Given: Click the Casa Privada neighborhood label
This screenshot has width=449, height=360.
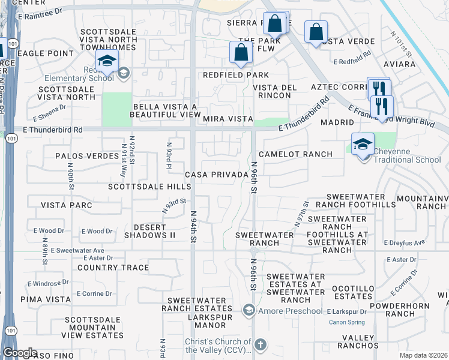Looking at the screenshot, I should click(216, 175).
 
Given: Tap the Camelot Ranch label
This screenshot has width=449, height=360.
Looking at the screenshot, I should click(295, 154).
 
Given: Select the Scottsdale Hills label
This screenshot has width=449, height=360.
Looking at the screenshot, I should click(149, 187).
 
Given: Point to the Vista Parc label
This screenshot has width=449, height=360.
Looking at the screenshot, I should click(67, 205).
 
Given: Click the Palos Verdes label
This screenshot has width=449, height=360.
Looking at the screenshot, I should click(86, 156).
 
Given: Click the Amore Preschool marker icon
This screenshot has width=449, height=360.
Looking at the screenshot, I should click(249, 310).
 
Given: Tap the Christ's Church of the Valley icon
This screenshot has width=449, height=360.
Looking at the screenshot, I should click(260, 344).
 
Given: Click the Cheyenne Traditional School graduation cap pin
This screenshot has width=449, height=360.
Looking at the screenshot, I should click(363, 145).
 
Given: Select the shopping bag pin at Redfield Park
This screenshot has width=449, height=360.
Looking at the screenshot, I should click(241, 52).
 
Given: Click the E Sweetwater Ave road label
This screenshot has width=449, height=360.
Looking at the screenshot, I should click(77, 250).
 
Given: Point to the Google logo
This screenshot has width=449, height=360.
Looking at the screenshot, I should click(19, 353).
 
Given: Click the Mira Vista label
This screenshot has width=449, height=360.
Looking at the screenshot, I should click(227, 119).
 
